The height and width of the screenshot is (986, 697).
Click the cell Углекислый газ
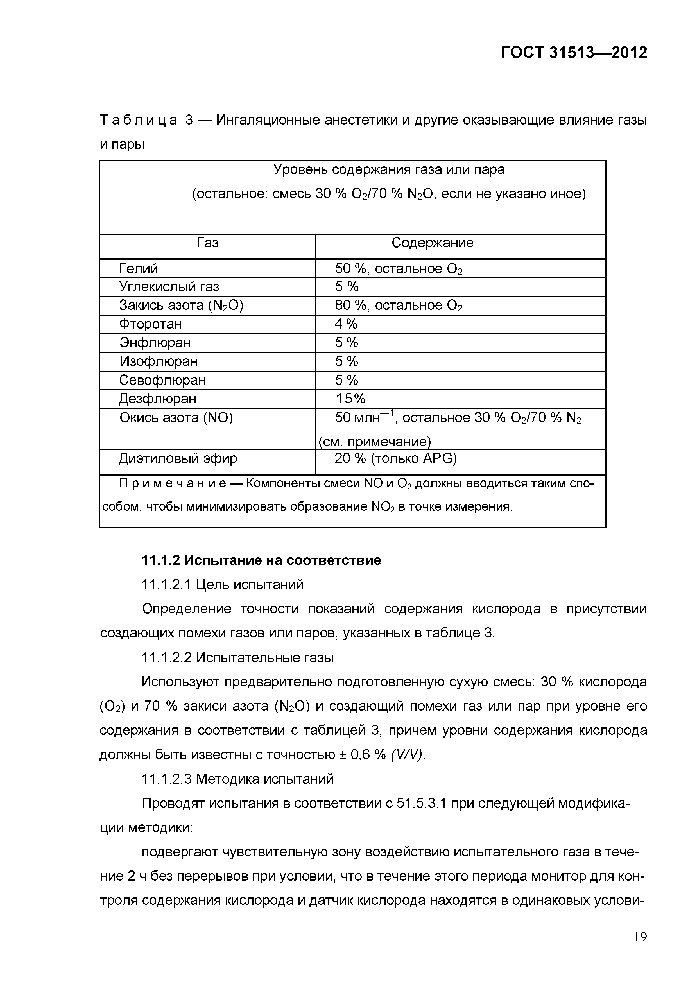(169, 287)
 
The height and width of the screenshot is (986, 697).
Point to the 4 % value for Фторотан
(346, 324)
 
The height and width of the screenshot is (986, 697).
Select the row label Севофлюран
(162, 380)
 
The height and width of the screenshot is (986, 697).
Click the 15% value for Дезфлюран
(350, 399)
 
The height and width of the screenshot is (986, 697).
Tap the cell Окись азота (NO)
(176, 418)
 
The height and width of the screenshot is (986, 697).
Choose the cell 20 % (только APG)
(395, 459)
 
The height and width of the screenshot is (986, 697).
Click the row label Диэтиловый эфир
(178, 459)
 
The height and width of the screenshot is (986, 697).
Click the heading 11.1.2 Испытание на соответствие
(261, 560)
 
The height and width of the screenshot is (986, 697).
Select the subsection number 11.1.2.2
(167, 658)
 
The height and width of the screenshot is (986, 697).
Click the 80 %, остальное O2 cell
(399, 305)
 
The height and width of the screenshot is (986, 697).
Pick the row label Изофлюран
(159, 361)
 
